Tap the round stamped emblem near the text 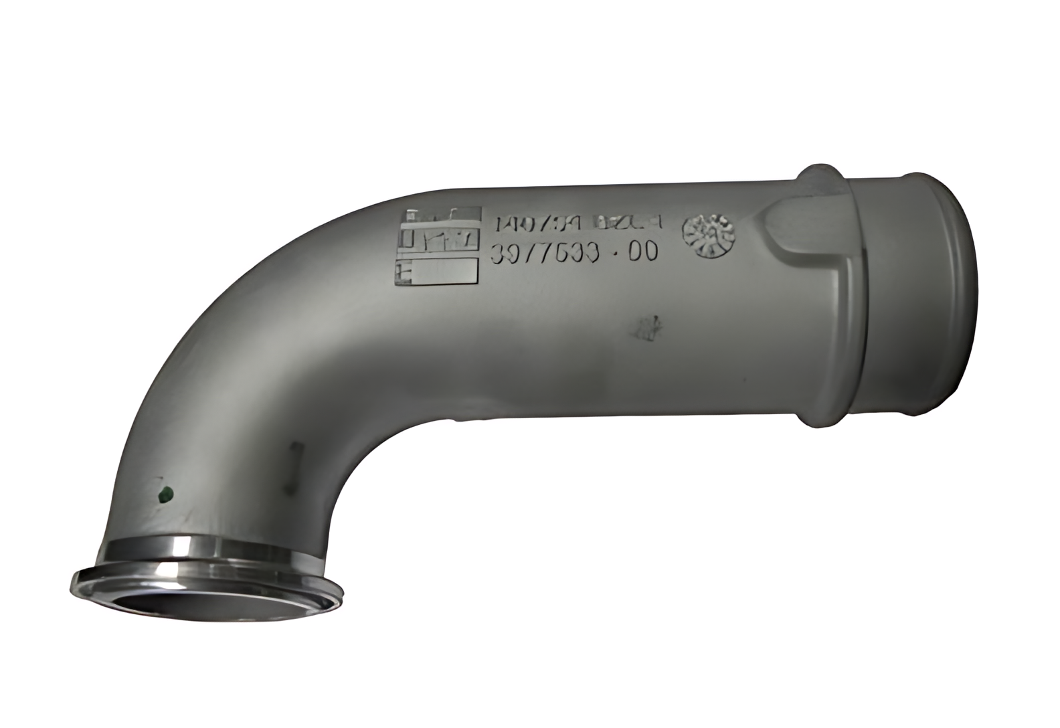coord(709,235)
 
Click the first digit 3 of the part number coord(499,254)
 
